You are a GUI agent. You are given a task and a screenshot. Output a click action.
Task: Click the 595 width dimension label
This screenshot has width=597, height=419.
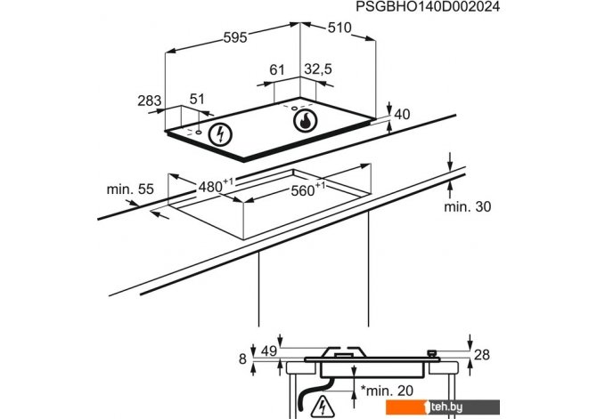coord(235,37)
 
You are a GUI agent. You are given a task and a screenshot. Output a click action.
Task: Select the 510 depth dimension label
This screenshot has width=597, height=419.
coord(339,28)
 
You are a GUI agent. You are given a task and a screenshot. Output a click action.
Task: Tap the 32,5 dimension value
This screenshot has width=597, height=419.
coord(318,68)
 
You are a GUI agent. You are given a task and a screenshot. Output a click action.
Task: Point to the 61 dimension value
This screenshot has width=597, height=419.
coord(277,69)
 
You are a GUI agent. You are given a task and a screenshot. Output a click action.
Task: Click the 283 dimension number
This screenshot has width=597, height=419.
coord(150,101)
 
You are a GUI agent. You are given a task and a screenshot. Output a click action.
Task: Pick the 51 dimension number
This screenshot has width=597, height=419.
coord(197,99)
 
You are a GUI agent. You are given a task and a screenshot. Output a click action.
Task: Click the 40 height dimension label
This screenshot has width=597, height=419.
coord(402,114)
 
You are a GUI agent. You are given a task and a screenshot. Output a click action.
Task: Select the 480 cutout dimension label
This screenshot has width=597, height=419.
coord(215,186)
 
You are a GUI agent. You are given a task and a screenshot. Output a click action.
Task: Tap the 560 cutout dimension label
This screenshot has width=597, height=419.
coord(307,189)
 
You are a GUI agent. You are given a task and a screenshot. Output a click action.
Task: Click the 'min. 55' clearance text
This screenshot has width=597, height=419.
coord(130,189)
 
